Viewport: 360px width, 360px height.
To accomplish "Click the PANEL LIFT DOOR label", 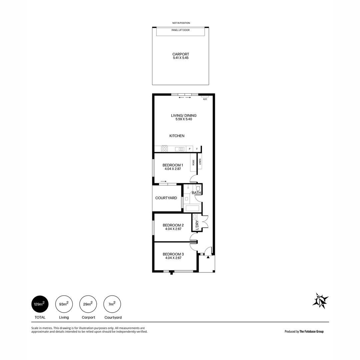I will pyautogui.click(x=180, y=30).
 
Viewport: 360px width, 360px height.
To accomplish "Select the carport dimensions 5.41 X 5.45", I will pyautogui.click(x=180, y=58).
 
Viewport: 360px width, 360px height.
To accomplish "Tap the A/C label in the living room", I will pyautogui.click(x=205, y=99).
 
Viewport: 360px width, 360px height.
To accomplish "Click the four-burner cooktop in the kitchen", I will pyautogui.click(x=164, y=149).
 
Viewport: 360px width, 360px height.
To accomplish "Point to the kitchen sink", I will pyautogui.click(x=180, y=149).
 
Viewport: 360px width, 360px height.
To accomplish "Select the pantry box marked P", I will pyautogui.click(x=190, y=149).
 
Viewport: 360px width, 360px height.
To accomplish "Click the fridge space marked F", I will pyautogui.click(x=197, y=149).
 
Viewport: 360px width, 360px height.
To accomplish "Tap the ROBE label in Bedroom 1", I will pyautogui.click(x=193, y=162).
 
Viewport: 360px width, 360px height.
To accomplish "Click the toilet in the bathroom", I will pyautogui.click(x=198, y=188).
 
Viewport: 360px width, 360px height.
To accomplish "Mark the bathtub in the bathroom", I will pyautogui.click(x=192, y=208).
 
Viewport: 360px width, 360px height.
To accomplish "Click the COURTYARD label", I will pyautogui.click(x=166, y=198).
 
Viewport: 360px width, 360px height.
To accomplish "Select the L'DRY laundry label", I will pyautogui.click(x=197, y=225).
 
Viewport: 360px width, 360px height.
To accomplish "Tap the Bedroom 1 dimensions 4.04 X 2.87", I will pyautogui.click(x=173, y=169).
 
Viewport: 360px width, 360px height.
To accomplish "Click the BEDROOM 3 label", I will pyautogui.click(x=173, y=254).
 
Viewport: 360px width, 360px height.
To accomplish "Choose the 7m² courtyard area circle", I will pyautogui.click(x=112, y=304).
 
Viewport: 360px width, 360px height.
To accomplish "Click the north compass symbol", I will pyautogui.click(x=320, y=301).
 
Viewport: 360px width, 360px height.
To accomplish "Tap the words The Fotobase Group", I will pyautogui.click(x=311, y=331).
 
